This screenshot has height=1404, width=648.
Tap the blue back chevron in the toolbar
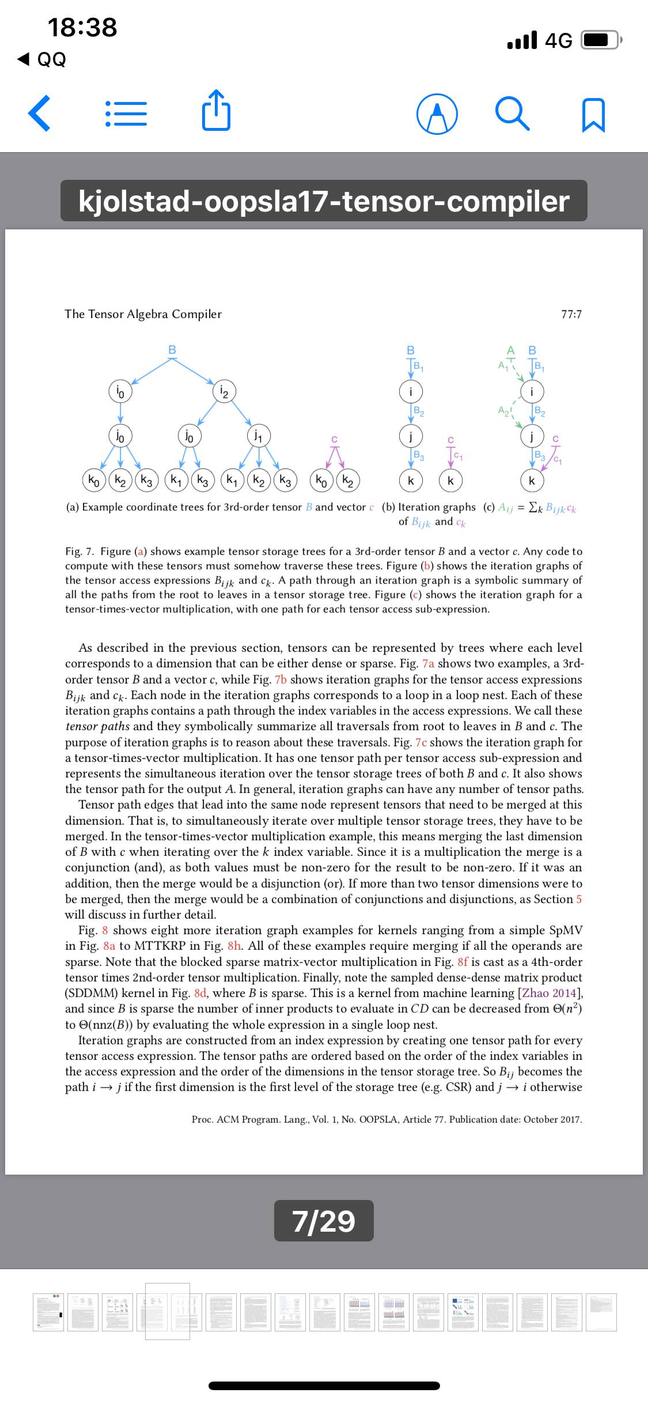(x=39, y=114)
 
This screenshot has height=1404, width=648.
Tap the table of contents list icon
(x=126, y=114)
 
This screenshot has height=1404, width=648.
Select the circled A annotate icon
(x=437, y=114)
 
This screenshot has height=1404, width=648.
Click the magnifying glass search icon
(x=512, y=114)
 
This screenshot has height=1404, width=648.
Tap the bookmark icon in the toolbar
(x=594, y=115)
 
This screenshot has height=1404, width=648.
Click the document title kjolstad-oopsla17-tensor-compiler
(x=324, y=201)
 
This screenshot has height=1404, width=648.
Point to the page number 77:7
(x=571, y=314)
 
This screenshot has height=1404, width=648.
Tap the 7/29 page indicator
(x=324, y=1221)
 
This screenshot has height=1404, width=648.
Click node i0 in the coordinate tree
(x=120, y=392)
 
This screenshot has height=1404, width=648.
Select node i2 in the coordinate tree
(x=224, y=392)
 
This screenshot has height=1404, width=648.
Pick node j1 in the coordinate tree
(x=259, y=434)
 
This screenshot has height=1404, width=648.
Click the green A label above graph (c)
(x=510, y=350)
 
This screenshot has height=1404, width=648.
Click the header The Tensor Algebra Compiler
(x=143, y=314)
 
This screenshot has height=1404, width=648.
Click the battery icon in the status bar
(x=601, y=40)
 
